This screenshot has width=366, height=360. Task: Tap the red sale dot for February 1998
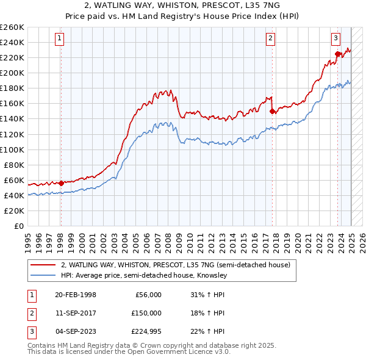coord(61,182)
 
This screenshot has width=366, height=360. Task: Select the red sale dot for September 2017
coord(272,110)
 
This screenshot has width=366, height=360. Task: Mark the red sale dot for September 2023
coord(337,54)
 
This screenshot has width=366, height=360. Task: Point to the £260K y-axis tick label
coord(12,27)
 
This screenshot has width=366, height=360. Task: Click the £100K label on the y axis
coord(12,149)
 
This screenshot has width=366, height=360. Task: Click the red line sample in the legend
coord(43,265)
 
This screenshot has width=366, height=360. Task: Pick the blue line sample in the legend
coord(43,275)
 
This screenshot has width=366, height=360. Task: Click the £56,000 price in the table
coord(147,295)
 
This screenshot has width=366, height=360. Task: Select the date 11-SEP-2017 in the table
coord(76,313)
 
